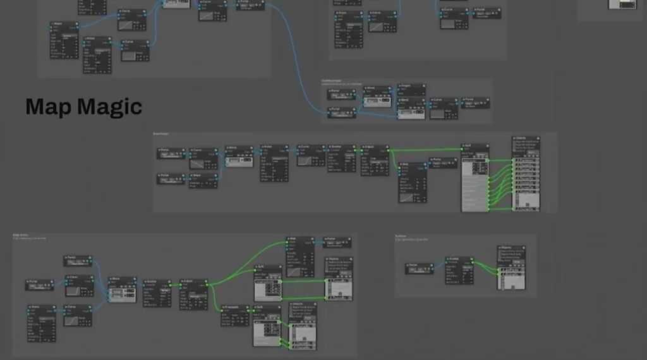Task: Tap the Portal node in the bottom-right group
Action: point(419,268)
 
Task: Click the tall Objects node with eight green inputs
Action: point(526,173)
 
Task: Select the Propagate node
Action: point(234,315)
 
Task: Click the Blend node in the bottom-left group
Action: point(123,288)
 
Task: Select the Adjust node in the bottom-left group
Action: point(193,294)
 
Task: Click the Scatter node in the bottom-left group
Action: point(157,292)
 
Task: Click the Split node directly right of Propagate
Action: point(267,325)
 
